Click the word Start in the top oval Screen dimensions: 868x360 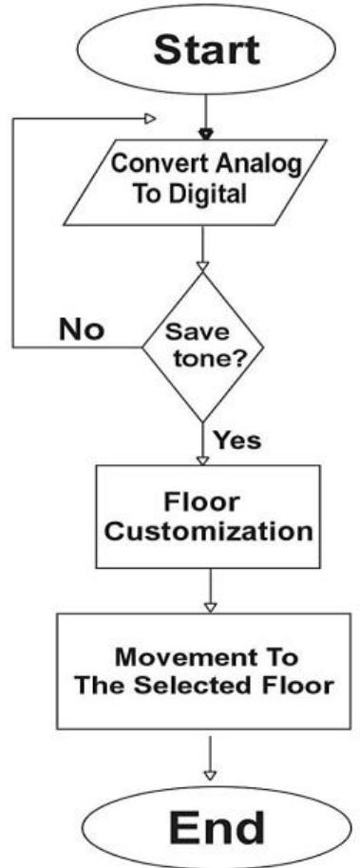pyautogui.click(x=205, y=48)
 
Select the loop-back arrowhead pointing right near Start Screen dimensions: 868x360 pyautogui.click(x=148, y=120)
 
